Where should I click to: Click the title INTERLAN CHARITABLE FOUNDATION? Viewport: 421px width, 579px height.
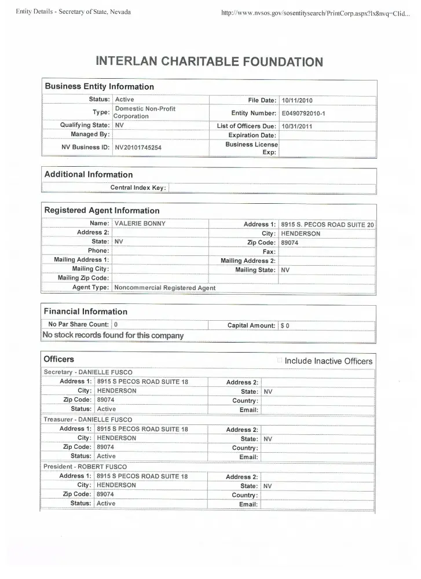point(209,61)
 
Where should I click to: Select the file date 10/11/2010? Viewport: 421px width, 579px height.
point(296,100)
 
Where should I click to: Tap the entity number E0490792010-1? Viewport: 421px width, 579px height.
point(303,113)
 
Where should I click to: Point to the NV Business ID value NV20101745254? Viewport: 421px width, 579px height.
point(138,148)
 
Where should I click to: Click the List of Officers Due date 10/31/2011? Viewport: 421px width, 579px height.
point(296,126)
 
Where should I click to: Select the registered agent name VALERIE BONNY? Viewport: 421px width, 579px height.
point(140,223)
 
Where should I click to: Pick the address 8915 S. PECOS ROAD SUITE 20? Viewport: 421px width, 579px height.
point(327,225)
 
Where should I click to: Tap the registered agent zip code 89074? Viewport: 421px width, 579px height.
point(290,243)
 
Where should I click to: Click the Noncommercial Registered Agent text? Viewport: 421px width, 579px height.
point(165,288)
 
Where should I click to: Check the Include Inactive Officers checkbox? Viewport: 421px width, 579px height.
point(280,361)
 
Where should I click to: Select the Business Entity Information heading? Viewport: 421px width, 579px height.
point(100,87)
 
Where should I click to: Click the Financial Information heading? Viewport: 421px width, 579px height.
point(86,312)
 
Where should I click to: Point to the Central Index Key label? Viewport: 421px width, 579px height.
point(138,188)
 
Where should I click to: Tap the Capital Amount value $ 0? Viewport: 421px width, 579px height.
point(285,325)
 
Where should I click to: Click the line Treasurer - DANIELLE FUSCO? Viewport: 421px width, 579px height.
point(88,419)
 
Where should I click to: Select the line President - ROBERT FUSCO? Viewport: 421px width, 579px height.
point(85,467)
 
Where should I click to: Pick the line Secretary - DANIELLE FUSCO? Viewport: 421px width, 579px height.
point(88,372)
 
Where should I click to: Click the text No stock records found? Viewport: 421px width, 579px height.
point(113,335)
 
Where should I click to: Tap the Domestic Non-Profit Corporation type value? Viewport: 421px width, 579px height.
point(145,112)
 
